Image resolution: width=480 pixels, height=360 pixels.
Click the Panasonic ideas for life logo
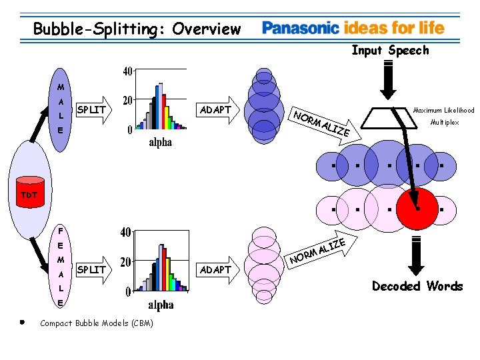353,28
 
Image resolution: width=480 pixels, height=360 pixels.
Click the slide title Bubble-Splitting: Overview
137,29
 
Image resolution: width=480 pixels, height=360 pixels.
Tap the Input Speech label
390,50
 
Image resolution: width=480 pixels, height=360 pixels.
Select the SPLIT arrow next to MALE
91,109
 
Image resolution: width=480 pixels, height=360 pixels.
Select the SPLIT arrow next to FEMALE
91,269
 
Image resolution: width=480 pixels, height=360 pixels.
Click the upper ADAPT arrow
217,109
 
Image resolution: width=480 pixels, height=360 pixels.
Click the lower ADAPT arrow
217,269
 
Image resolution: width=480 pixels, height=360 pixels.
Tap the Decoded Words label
417,286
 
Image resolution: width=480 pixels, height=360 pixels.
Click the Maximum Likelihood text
443,110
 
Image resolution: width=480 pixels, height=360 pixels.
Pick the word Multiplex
445,123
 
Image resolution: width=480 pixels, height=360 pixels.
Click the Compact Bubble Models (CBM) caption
97,323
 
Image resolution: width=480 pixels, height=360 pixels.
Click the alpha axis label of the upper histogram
160,142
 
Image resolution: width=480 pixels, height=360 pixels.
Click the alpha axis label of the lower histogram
161,305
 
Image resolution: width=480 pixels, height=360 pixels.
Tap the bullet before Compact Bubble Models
22,322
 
